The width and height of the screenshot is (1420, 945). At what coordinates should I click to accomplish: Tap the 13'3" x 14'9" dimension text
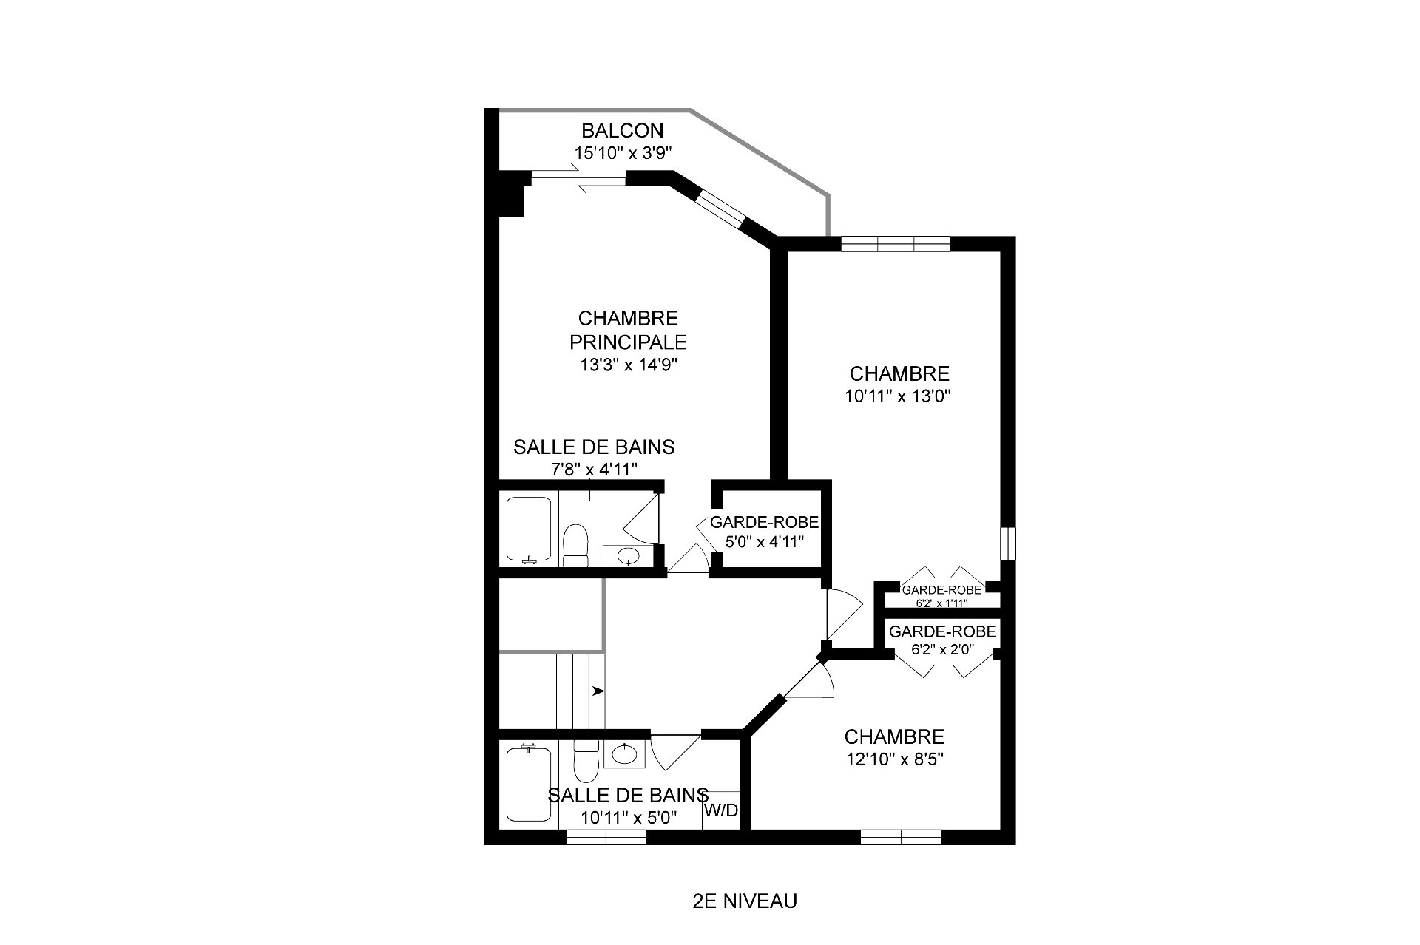pyautogui.click(x=629, y=365)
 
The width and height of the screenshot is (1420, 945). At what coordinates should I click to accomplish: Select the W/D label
pyautogui.click(x=721, y=810)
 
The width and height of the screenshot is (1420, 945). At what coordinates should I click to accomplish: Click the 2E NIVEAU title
pyautogui.click(x=745, y=902)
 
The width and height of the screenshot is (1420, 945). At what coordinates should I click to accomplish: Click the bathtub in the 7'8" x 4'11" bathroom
pyautogui.click(x=529, y=529)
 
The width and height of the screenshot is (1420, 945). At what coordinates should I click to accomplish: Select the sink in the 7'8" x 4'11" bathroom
pyautogui.click(x=628, y=555)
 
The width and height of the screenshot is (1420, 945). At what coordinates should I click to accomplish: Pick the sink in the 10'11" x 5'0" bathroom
pyautogui.click(x=625, y=754)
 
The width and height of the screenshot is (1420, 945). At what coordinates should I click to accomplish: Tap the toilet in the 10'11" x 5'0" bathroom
pyautogui.click(x=586, y=761)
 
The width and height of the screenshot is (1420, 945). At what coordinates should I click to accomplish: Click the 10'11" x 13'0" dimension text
pyautogui.click(x=898, y=396)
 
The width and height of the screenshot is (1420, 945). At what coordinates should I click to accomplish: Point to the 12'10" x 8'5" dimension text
pyautogui.click(x=894, y=759)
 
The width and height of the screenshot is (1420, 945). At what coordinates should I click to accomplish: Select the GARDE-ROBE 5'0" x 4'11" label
pyautogui.click(x=765, y=532)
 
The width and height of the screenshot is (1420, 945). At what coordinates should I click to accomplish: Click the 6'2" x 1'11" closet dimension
pyautogui.click(x=941, y=603)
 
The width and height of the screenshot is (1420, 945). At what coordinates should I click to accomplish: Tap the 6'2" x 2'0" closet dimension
pyautogui.click(x=943, y=651)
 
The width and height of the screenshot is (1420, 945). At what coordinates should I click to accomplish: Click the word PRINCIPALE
pyautogui.click(x=628, y=342)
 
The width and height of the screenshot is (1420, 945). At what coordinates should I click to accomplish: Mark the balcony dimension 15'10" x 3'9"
pyautogui.click(x=623, y=153)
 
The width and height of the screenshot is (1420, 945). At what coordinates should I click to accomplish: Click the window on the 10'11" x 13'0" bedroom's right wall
pyautogui.click(x=1008, y=543)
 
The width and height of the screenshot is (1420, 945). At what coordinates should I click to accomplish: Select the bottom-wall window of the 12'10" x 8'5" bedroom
pyautogui.click(x=901, y=837)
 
